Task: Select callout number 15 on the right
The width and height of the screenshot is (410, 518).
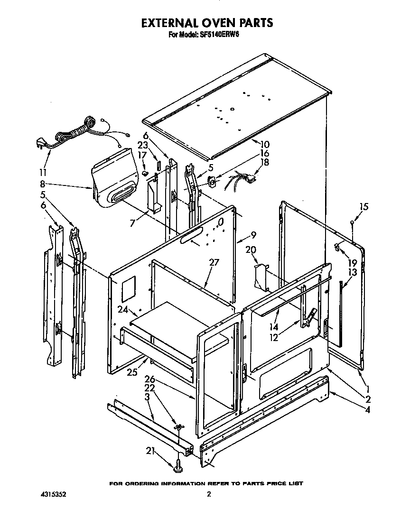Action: [x=363, y=207]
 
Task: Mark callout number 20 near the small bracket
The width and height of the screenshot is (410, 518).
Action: [x=251, y=250]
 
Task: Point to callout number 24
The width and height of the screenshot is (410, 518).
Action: [x=123, y=309]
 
